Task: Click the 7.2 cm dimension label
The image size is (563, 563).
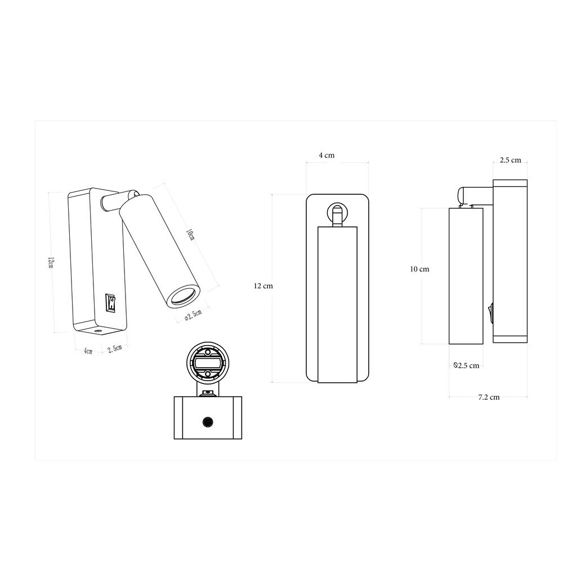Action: click(x=489, y=397)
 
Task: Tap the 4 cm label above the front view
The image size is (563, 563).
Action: click(x=327, y=155)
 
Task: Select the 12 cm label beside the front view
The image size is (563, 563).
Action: click(x=263, y=286)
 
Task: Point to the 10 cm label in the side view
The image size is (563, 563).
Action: click(x=419, y=269)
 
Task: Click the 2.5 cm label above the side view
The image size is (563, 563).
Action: click(x=510, y=160)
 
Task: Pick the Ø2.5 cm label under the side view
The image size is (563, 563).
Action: click(x=466, y=365)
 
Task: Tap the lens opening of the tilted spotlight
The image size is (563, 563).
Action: click(x=183, y=296)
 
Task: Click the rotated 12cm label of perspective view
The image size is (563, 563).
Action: click(x=51, y=262)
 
